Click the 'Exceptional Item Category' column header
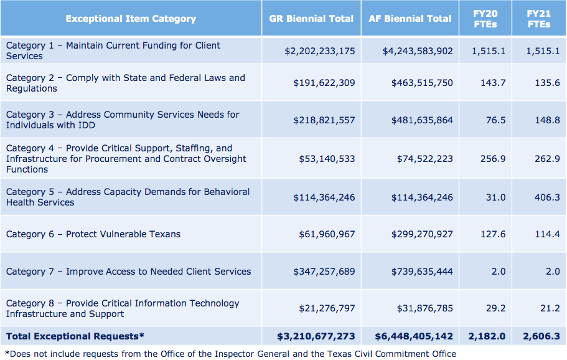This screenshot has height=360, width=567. [131, 19]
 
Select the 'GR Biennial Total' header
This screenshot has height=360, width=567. [311, 19]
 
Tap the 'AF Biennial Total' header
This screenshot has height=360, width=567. [410, 19]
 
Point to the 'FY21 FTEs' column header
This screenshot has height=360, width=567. [538, 19]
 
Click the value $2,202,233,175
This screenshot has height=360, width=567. [320, 51]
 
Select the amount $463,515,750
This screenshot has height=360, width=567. [422, 83]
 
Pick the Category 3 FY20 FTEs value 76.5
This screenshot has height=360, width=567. [496, 120]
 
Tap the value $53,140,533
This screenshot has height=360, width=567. [324, 159]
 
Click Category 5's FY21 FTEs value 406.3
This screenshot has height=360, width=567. [547, 197]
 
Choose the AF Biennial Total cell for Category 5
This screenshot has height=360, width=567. [422, 197]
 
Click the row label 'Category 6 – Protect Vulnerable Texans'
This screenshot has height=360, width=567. [93, 234]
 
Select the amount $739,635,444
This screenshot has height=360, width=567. [422, 272]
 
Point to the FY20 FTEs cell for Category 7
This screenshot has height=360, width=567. [498, 272]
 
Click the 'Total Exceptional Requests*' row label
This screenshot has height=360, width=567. [75, 336]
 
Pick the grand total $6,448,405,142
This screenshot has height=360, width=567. [414, 336]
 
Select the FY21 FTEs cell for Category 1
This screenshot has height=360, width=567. [543, 51]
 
